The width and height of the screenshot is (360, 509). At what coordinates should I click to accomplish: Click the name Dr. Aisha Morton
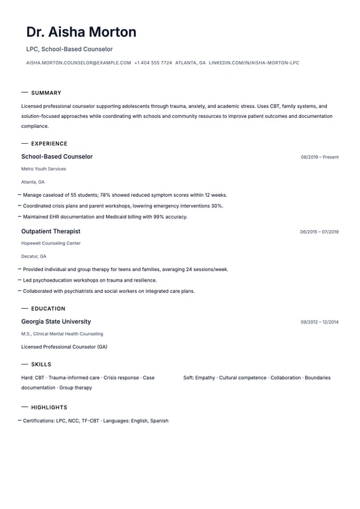(x=82, y=32)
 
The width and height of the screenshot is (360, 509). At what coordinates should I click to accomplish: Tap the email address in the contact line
(x=78, y=63)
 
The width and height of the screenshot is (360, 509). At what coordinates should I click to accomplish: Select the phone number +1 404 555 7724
(x=153, y=63)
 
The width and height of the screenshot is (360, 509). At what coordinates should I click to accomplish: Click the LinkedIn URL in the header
(x=254, y=63)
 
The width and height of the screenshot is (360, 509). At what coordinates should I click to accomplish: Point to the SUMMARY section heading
(x=46, y=93)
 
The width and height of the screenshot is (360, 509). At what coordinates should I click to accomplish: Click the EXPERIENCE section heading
(x=49, y=143)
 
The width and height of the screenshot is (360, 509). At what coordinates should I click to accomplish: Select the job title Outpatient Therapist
(x=50, y=231)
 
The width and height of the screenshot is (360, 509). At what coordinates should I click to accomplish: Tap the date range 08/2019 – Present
(x=320, y=157)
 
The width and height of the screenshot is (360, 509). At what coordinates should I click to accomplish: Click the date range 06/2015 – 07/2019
(x=319, y=232)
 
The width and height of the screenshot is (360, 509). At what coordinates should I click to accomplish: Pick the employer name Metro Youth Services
(x=43, y=169)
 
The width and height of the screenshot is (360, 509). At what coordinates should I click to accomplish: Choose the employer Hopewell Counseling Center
(x=50, y=243)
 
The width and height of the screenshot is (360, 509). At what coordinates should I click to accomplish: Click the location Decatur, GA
(x=34, y=256)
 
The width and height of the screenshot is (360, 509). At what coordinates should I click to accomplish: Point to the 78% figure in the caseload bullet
(x=105, y=196)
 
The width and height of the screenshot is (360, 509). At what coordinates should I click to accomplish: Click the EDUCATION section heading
(x=48, y=308)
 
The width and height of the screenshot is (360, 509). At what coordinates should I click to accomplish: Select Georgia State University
(x=56, y=321)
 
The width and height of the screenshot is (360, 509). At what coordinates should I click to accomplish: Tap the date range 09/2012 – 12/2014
(x=319, y=322)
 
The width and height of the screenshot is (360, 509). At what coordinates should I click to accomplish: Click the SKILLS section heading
(x=41, y=365)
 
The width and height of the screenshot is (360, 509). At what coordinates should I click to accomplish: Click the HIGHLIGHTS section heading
(x=49, y=408)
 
